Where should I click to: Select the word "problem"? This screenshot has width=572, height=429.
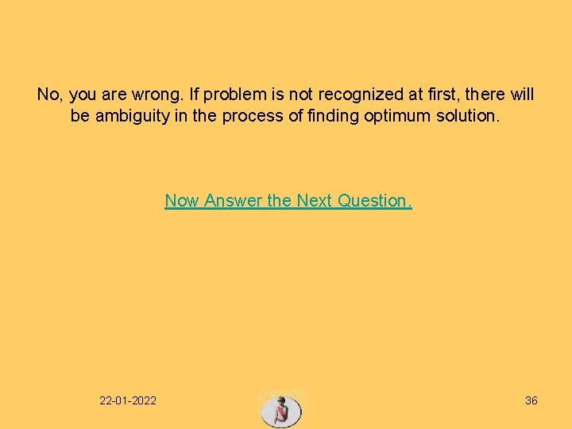(x=234, y=95)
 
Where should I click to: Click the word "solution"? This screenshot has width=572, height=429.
(x=470, y=116)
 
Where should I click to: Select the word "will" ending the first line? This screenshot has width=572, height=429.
(x=521, y=95)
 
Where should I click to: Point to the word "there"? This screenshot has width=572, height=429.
(x=484, y=95)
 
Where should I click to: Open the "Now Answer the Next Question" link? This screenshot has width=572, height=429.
(x=288, y=201)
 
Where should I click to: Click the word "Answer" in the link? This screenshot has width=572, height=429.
(x=234, y=201)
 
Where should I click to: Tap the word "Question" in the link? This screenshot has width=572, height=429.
(x=374, y=201)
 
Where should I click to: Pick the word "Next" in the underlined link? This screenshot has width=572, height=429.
(x=315, y=201)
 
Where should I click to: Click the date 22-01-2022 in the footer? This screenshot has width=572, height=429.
(x=128, y=400)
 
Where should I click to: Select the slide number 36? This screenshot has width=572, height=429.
(x=531, y=400)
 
